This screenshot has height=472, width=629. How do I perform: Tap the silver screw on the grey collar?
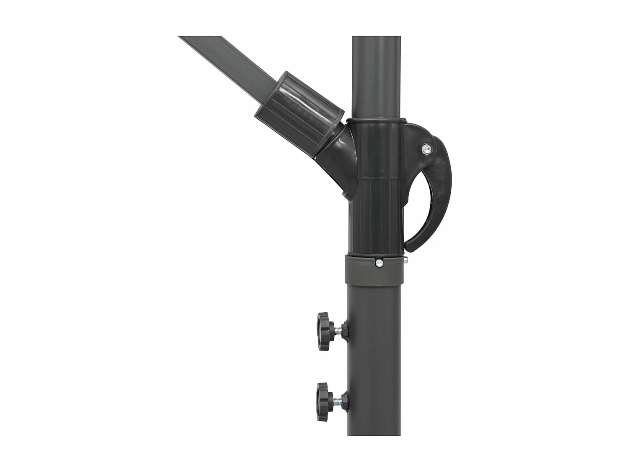[x=379, y=263]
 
